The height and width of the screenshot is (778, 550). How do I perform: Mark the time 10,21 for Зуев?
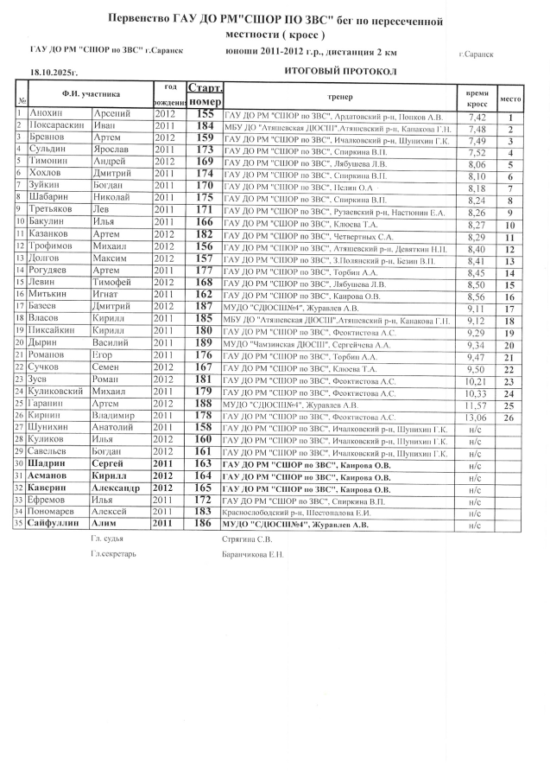point(477,380)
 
